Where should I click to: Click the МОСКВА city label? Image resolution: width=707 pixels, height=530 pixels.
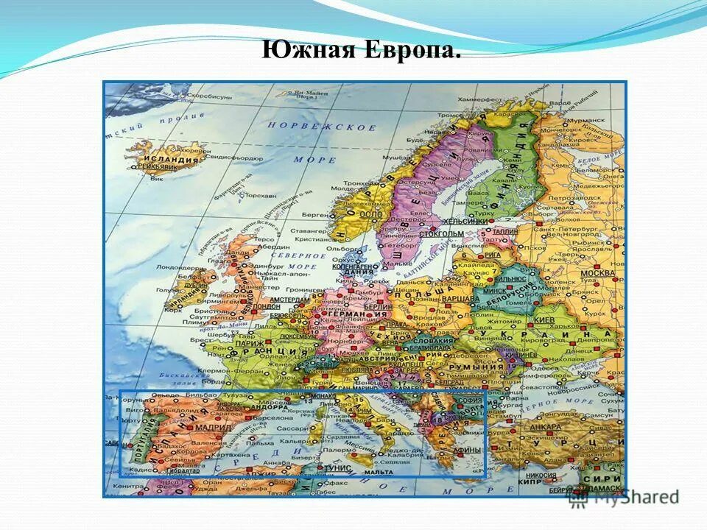(597, 274)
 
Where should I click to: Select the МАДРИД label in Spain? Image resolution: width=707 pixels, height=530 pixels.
(210, 427)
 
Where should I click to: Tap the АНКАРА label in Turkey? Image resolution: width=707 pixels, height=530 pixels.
(546, 427)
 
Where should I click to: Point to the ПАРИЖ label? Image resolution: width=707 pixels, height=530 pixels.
(251, 343)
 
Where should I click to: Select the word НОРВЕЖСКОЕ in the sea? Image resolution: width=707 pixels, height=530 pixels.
(322, 127)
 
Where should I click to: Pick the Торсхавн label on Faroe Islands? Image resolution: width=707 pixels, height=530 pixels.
(260, 197)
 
